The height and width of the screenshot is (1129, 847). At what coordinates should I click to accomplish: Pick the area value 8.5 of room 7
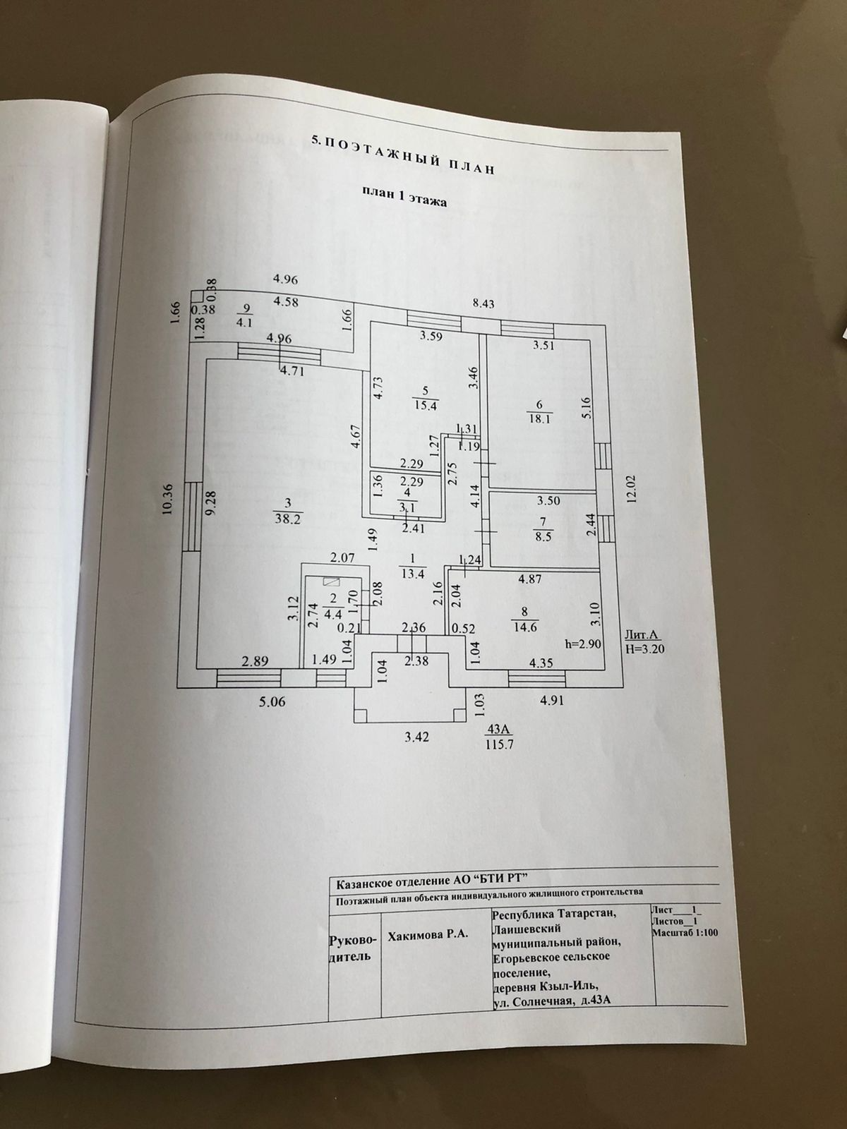(542, 535)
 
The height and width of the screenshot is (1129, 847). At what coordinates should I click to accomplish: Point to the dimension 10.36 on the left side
(167, 500)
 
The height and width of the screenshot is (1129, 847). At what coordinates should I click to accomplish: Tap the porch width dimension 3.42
(417, 737)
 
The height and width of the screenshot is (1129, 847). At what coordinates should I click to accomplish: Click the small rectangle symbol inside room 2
(330, 581)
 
